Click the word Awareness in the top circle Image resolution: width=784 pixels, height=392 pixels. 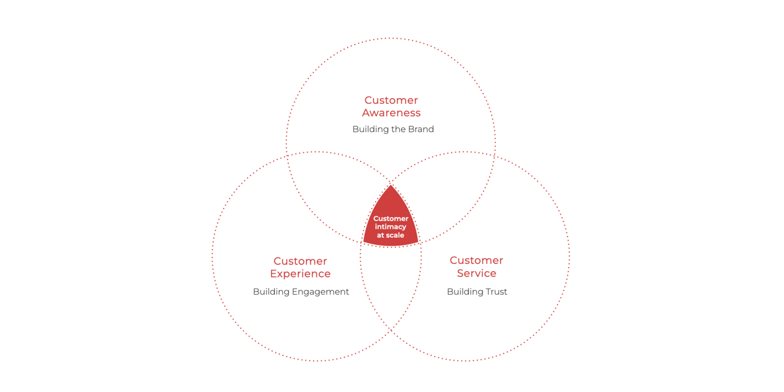[391, 113]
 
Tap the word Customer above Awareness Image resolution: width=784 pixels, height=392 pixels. [391, 100]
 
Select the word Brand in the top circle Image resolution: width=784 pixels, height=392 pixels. [419, 129]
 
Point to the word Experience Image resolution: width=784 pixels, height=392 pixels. [301, 274]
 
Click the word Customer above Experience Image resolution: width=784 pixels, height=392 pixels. [301, 261]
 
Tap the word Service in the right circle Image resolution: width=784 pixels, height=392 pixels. [476, 273]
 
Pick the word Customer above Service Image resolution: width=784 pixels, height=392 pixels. [476, 261]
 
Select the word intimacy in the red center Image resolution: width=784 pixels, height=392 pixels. [391, 227]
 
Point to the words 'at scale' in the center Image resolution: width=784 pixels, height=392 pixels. [391, 235]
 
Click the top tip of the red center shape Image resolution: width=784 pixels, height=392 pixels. [391, 186]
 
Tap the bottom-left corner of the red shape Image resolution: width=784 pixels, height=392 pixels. [363, 242]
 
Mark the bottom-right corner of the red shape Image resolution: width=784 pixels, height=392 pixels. [419, 242]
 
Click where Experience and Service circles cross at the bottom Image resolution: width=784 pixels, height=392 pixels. [391, 331]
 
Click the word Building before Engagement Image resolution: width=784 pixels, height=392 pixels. [271, 292]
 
